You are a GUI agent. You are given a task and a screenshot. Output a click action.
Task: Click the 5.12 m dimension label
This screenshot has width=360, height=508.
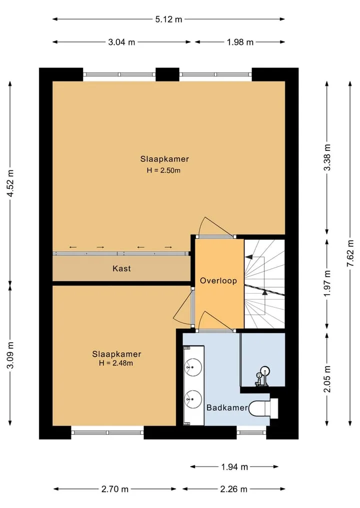click(x=168, y=19)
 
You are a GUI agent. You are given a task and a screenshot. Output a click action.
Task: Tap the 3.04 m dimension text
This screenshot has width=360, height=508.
click(x=121, y=42)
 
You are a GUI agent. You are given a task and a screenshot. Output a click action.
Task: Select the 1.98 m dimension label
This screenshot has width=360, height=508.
click(x=240, y=42)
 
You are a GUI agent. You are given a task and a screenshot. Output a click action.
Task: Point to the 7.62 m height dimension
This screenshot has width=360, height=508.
click(x=350, y=253)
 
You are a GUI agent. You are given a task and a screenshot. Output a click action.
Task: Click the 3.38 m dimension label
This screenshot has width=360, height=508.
click(x=327, y=157)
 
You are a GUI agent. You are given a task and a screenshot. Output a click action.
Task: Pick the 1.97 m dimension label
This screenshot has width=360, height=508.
click(x=327, y=283)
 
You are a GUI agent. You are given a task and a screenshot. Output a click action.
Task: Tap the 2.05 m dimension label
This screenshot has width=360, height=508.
click(x=327, y=379)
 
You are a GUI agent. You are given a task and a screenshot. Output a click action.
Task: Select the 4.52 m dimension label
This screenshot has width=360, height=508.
click(x=10, y=183)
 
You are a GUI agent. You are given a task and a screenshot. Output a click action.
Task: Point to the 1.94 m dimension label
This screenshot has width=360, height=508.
click(x=234, y=467)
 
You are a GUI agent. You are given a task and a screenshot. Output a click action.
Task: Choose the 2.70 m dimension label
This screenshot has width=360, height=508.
click(x=115, y=489)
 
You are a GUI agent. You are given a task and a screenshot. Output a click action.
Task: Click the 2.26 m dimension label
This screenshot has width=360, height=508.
click(x=234, y=489)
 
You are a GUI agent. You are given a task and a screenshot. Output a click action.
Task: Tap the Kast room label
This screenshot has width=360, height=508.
click(x=121, y=269)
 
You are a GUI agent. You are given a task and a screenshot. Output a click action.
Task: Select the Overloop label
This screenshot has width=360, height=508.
click(x=218, y=281)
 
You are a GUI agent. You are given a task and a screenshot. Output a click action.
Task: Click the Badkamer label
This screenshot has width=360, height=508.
click(x=227, y=408)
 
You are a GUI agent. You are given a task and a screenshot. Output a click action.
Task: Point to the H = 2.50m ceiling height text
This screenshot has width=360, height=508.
click(x=163, y=170)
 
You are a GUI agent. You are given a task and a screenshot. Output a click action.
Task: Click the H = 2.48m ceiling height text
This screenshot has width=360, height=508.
click(x=116, y=363)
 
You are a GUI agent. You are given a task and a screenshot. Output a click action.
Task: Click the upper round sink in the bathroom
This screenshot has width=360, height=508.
click(x=193, y=368)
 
